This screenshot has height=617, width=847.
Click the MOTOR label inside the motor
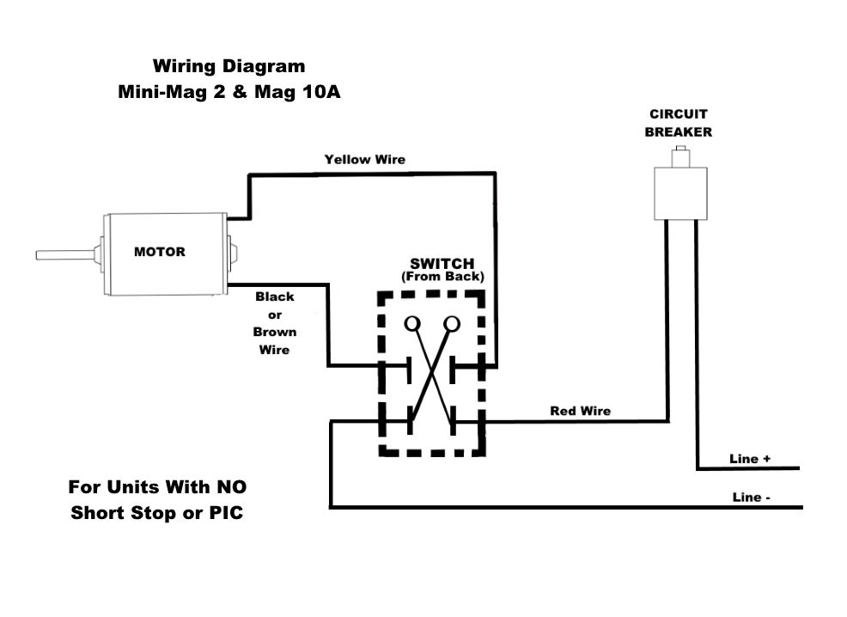159,252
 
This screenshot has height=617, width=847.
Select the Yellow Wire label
364,159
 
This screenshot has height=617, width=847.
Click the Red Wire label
580,411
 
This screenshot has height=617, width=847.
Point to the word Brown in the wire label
275,332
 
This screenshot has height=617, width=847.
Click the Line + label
750,459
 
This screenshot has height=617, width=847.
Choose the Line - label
752,497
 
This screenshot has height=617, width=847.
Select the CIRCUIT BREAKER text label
679,123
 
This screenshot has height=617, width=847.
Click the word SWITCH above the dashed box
442,264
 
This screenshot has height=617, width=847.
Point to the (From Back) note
442,277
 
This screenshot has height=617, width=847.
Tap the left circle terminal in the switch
412,323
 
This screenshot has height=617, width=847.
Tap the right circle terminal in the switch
452,323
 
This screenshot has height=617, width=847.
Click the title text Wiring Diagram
229,66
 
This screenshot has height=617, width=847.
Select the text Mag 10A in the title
297,92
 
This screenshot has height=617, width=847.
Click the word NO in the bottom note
231,487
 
